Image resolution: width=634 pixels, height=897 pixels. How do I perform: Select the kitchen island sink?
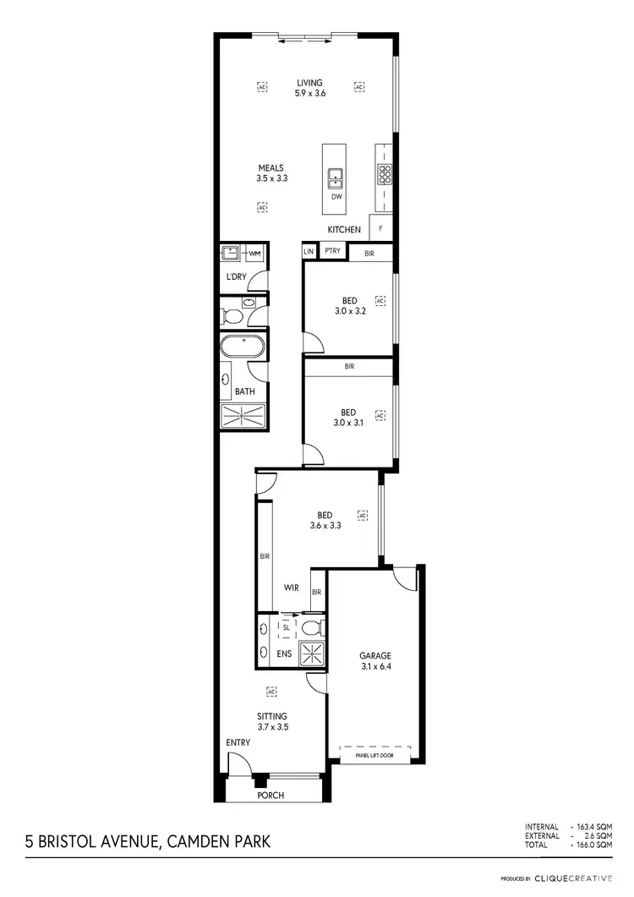[335, 178]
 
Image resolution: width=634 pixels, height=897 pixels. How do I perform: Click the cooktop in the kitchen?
[385, 175]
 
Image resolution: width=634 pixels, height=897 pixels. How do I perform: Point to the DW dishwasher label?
[336, 197]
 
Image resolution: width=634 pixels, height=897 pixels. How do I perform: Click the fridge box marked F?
[381, 228]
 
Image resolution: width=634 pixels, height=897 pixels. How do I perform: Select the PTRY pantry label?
[332, 251]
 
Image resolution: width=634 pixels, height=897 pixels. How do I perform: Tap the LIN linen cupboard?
[309, 252]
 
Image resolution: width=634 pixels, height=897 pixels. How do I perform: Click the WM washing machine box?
[254, 254]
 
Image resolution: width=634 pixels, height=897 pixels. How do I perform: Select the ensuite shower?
[314, 655]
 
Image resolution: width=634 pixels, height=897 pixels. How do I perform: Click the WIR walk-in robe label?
[291, 587]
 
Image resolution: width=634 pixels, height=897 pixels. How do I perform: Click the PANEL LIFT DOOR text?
[374, 755]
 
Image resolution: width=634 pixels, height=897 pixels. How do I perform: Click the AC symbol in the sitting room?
[271, 692]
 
